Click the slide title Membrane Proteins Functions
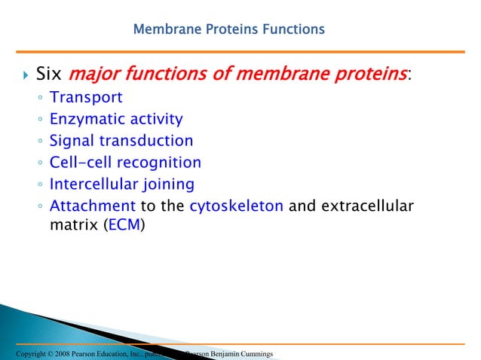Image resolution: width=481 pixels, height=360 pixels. [x=228, y=30]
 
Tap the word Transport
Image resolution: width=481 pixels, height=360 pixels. [x=86, y=97]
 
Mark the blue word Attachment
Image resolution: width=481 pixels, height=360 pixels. [x=92, y=206]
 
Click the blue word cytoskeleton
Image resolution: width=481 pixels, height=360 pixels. [x=237, y=206]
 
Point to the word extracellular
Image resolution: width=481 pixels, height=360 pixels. [x=367, y=206]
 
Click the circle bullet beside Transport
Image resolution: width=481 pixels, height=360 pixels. [x=39, y=99]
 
